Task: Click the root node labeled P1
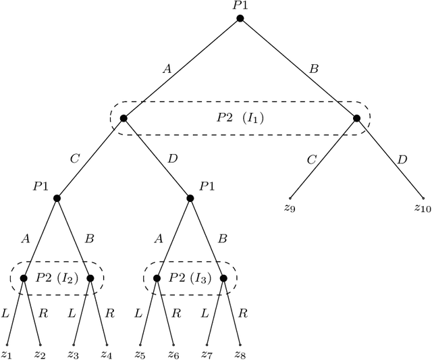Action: [240, 18]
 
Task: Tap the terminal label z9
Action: [290, 208]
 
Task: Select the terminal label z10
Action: [423, 208]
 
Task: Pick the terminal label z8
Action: [240, 355]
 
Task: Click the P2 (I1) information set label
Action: [240, 118]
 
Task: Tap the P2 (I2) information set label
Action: [57, 278]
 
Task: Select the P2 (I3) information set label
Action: [190, 278]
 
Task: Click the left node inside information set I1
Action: [124, 118]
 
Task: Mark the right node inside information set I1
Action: [356, 118]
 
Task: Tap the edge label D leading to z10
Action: [403, 159]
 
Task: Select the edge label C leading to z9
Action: [311, 159]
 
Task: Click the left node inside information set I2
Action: [24, 278]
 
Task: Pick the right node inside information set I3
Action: [223, 278]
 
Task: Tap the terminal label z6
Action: [173, 355]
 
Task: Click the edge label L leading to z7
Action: [205, 313]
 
